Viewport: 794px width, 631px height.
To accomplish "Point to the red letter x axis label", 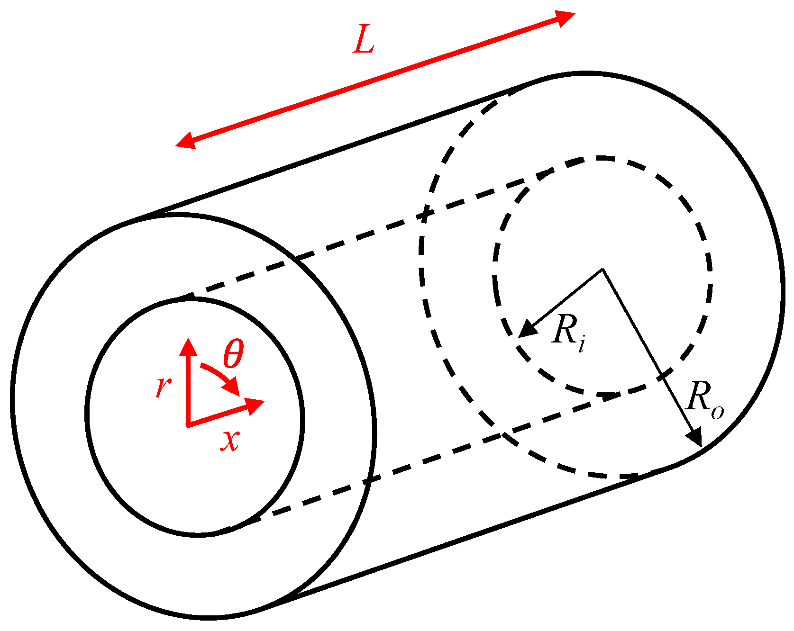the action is pyautogui.click(x=230, y=440).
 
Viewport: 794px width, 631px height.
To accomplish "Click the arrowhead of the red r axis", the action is pyautogui.click(x=188, y=347).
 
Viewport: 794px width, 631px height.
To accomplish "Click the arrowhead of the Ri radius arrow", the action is pyautogui.click(x=527, y=330).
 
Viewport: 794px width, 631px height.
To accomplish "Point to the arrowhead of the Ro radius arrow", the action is pyautogui.click(x=696, y=437).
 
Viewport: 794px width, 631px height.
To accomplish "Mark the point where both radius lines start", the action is pyautogui.click(x=602, y=269).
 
